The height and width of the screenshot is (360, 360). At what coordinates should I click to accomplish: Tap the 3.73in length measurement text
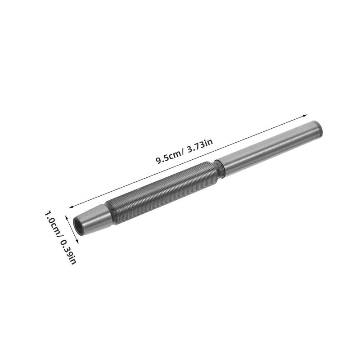pos(200,145)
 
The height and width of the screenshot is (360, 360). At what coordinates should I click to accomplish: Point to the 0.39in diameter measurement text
pos(68,252)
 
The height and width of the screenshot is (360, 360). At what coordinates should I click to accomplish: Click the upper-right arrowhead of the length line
pos(305,116)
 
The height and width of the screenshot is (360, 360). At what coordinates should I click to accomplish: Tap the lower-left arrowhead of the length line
pos(71,207)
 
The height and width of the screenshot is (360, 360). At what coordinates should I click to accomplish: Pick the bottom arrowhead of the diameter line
pos(77,241)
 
